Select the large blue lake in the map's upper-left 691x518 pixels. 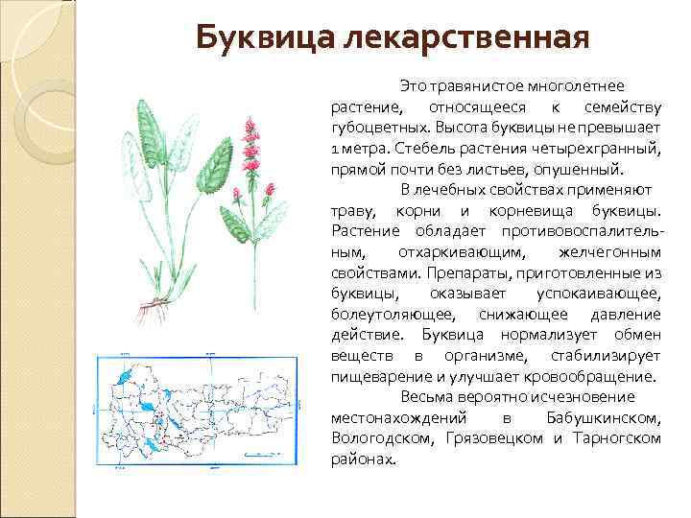[124, 379]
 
